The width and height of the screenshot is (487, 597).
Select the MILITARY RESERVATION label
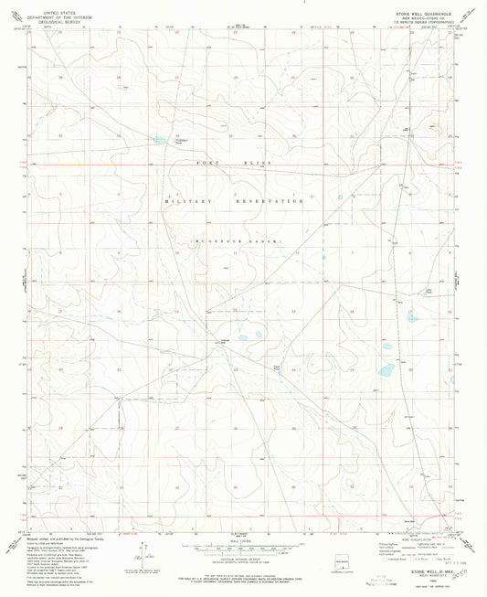pos(233,200)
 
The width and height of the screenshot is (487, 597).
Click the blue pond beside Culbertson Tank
pos(160,141)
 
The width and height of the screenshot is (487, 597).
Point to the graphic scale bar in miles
pos(242,546)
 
